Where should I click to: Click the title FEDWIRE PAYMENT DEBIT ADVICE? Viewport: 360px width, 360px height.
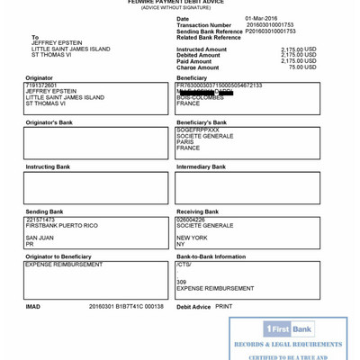(175, 3)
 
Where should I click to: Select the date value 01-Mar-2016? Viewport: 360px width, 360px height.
(262, 18)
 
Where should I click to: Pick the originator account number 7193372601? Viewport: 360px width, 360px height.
(41, 85)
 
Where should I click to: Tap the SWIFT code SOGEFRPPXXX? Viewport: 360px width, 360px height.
(198, 130)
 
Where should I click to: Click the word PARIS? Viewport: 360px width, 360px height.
(185, 141)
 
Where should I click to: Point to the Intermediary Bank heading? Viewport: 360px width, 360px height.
(201, 166)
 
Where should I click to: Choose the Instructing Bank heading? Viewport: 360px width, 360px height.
(48, 166)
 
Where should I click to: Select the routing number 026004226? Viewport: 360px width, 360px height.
(191, 220)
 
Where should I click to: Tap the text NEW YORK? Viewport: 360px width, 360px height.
(193, 238)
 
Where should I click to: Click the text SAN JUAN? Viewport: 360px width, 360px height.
(40, 238)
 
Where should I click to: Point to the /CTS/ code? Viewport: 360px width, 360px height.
(184, 265)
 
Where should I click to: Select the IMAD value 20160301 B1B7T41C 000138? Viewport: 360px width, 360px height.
(126, 306)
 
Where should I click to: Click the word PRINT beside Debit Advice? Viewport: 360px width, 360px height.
(223, 306)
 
